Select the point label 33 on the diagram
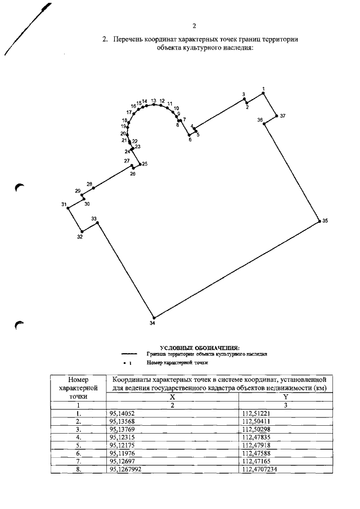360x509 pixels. pyautogui.click(x=94, y=218)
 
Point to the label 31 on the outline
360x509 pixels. pyautogui.click(x=64, y=204)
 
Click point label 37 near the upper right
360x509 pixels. pyautogui.click(x=282, y=116)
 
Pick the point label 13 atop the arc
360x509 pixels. pyautogui.click(x=154, y=100)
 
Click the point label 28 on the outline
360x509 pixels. pyautogui.click(x=89, y=184)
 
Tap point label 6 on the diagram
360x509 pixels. pyautogui.click(x=190, y=139)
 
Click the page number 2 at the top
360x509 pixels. pyautogui.click(x=193, y=26)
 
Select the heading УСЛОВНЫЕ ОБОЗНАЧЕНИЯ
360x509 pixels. pyautogui.click(x=200, y=349)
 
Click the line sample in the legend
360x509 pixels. pyautogui.click(x=129, y=355)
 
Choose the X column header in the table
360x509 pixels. pyautogui.click(x=172, y=397)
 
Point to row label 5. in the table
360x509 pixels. pyautogui.click(x=79, y=444)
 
